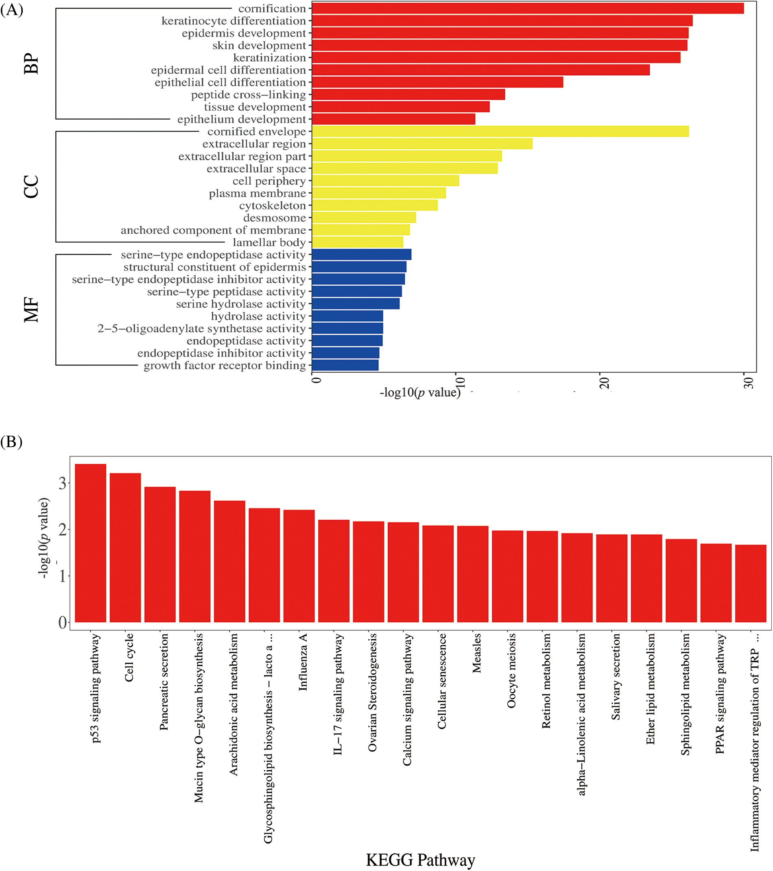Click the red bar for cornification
click(x=528, y=9)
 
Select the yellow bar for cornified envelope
click(x=500, y=131)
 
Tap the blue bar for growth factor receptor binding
click(x=345, y=365)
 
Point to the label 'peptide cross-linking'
click(x=249, y=95)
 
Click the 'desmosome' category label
click(x=275, y=218)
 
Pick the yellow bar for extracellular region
click(x=422, y=144)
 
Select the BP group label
click(x=31, y=64)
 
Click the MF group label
click(x=31, y=310)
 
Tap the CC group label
click(x=31, y=187)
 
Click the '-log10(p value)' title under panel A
click(x=420, y=392)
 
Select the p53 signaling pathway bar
click(x=90, y=544)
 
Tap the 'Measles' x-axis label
click(x=476, y=653)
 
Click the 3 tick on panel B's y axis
click(x=63, y=483)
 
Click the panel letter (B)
click(x=11, y=441)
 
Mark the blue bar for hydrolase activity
click(x=347, y=316)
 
